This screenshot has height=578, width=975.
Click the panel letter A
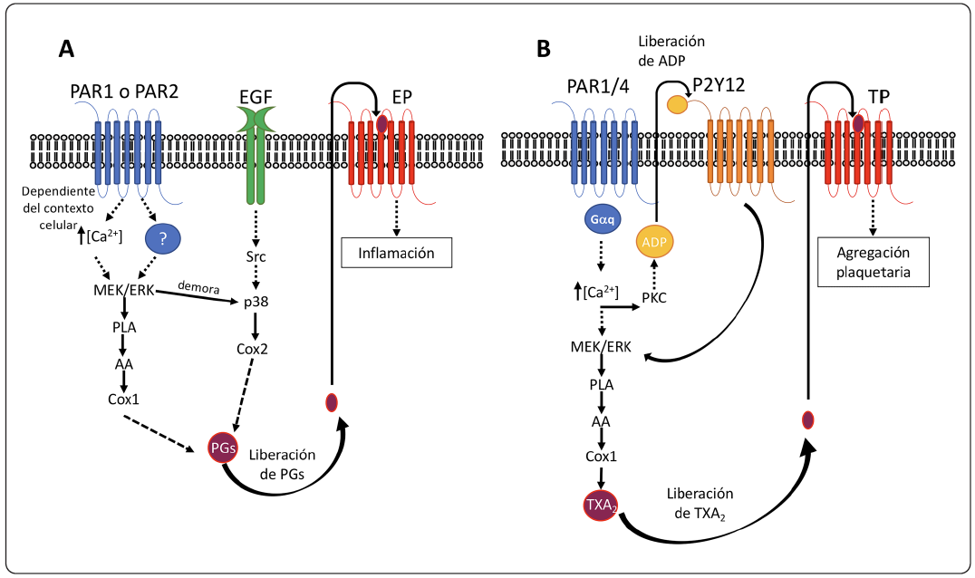click(65, 49)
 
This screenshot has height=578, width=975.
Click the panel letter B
click(544, 49)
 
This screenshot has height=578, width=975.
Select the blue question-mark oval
click(161, 238)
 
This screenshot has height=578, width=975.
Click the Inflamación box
click(396, 253)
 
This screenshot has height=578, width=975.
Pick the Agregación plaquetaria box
click(873, 263)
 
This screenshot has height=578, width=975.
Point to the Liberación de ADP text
click(671, 51)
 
